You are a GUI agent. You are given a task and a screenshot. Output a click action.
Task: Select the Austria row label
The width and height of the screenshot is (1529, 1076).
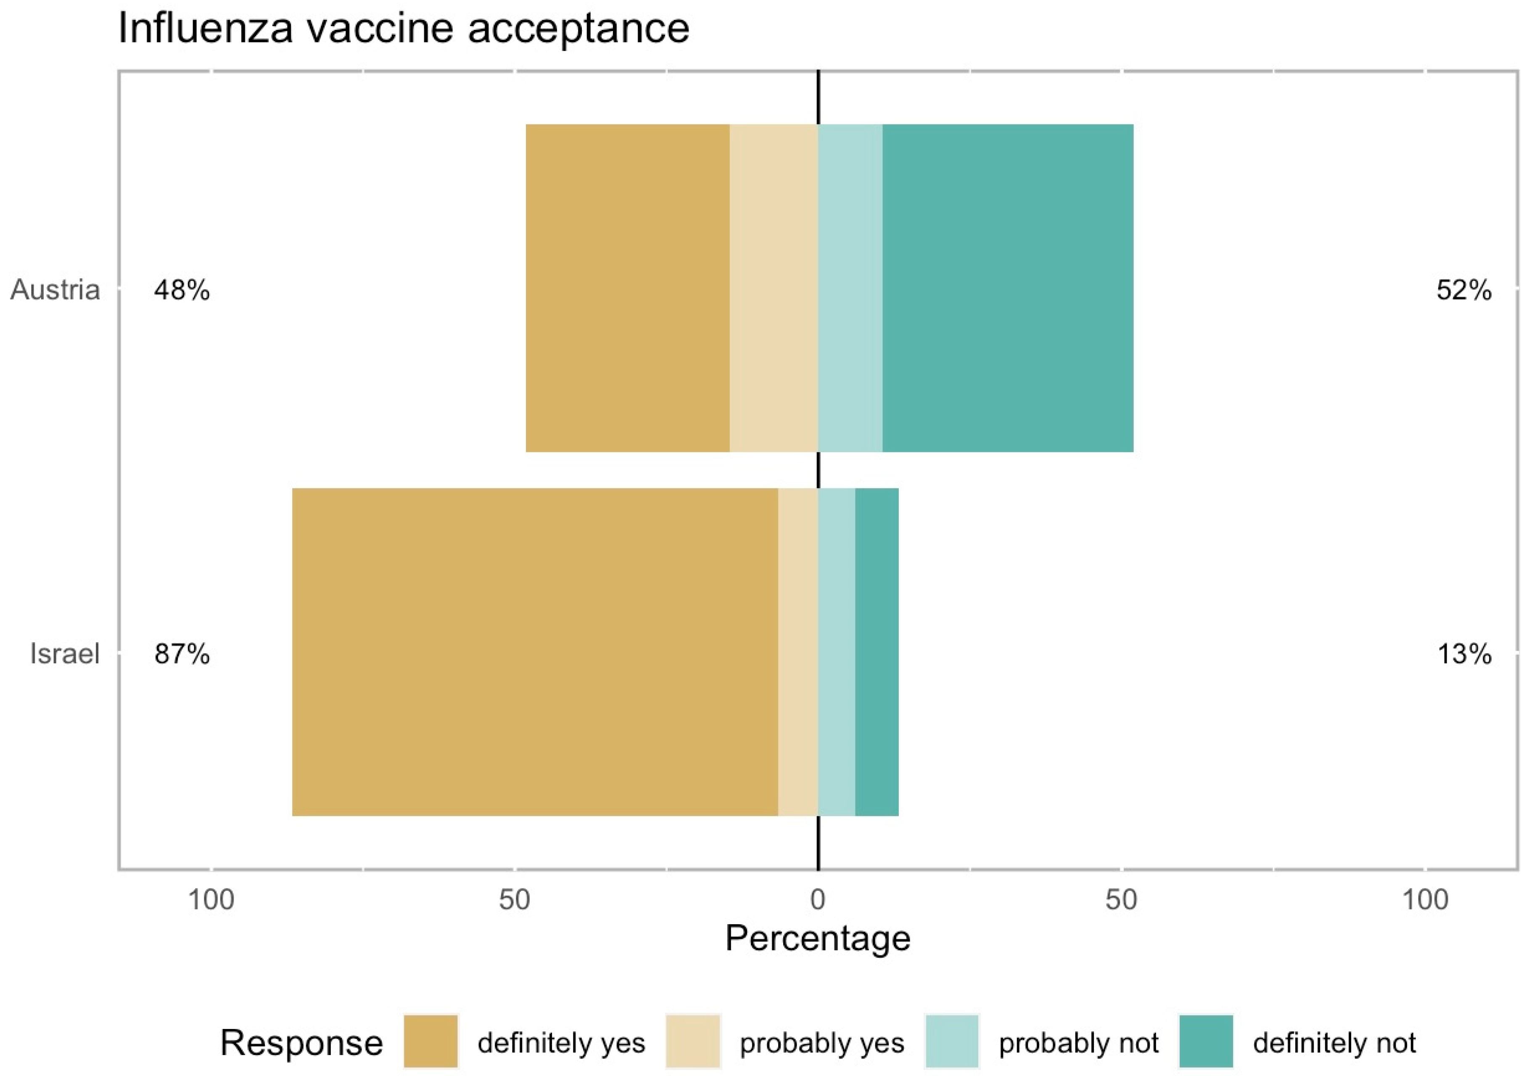[x=55, y=290]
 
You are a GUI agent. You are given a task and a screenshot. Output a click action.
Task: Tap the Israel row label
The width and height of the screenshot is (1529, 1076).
[x=65, y=654]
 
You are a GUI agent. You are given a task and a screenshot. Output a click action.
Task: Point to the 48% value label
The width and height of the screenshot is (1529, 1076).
[x=182, y=290]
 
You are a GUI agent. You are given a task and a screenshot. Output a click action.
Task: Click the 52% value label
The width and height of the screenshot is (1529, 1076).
[x=1464, y=290]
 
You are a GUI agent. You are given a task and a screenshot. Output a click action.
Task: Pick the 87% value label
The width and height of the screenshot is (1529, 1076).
[x=182, y=654]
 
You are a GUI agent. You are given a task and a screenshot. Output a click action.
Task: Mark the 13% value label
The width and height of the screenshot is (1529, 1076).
[x=1464, y=654]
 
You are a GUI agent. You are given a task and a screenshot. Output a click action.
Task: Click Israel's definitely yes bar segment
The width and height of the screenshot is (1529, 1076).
[x=535, y=652]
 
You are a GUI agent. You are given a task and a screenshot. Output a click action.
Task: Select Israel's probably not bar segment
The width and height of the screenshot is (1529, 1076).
[x=837, y=652]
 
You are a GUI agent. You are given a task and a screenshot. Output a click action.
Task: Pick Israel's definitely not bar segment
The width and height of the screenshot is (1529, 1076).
[x=877, y=652]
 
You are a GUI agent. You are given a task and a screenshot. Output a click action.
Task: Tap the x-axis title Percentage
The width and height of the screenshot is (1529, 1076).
[x=818, y=939]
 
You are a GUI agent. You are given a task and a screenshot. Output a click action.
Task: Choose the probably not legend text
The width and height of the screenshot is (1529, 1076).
[x=1078, y=1043]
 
